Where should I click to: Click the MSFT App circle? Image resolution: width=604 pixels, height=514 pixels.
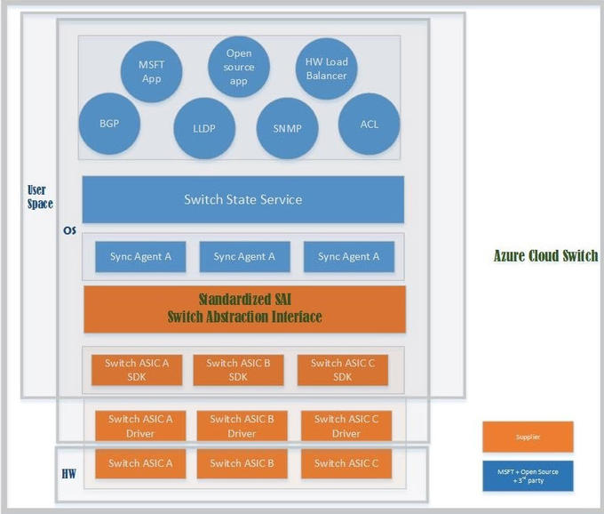tap(152, 71)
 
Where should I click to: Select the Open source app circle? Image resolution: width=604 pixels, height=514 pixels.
tap(239, 67)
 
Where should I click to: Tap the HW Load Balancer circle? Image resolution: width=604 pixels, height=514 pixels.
tap(326, 69)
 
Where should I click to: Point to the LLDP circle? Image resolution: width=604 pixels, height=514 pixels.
tap(203, 128)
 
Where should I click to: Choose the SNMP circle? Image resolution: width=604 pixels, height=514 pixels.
tap(287, 128)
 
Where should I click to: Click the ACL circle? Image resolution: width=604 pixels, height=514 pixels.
tap(369, 124)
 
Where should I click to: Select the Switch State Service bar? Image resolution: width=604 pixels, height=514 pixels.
tap(242, 199)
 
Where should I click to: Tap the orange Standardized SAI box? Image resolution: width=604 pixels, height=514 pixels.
tap(244, 309)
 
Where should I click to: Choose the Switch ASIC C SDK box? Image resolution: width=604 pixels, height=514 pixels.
tap(342, 370)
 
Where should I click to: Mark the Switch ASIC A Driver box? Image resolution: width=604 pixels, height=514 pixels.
tap(140, 426)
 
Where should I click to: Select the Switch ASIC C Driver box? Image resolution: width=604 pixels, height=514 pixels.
tap(346, 426)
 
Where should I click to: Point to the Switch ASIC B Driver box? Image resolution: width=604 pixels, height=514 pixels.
tap(242, 426)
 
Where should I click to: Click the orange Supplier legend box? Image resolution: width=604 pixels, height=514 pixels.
tap(528, 437)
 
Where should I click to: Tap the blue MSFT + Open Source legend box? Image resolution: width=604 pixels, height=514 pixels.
tap(528, 476)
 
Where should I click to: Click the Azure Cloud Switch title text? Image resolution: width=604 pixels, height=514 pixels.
tap(545, 256)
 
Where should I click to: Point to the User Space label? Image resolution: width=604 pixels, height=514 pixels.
tap(40, 197)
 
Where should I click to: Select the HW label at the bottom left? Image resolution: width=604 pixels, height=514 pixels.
tap(68, 472)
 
